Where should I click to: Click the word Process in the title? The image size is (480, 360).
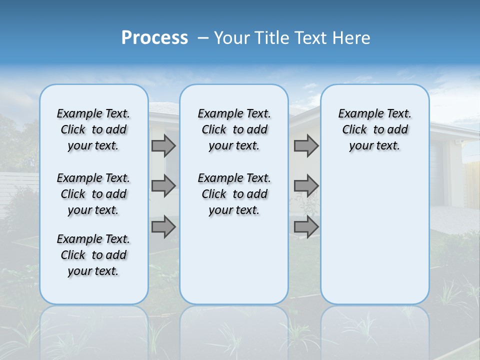coord(154,37)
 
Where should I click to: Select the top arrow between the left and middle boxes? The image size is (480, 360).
coord(163,145)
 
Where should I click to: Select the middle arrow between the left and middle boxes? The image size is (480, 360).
coord(163,186)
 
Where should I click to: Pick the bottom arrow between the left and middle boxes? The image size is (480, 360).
coord(163,227)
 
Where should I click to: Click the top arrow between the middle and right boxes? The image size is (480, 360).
coord(306,145)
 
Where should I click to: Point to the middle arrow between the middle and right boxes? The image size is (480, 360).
coord(306,186)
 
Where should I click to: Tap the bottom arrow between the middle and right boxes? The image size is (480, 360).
coord(306,227)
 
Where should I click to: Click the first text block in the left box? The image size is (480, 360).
coord(93,129)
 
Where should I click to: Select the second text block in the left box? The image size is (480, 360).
coord(93,194)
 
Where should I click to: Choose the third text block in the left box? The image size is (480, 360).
coord(93,255)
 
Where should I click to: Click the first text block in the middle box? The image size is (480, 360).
coord(234,129)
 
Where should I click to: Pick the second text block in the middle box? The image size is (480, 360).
coord(234,194)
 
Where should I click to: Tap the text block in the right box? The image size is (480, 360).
coord(374,129)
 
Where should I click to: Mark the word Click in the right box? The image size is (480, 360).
coord(354,130)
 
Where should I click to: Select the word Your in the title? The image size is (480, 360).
coord(231,38)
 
